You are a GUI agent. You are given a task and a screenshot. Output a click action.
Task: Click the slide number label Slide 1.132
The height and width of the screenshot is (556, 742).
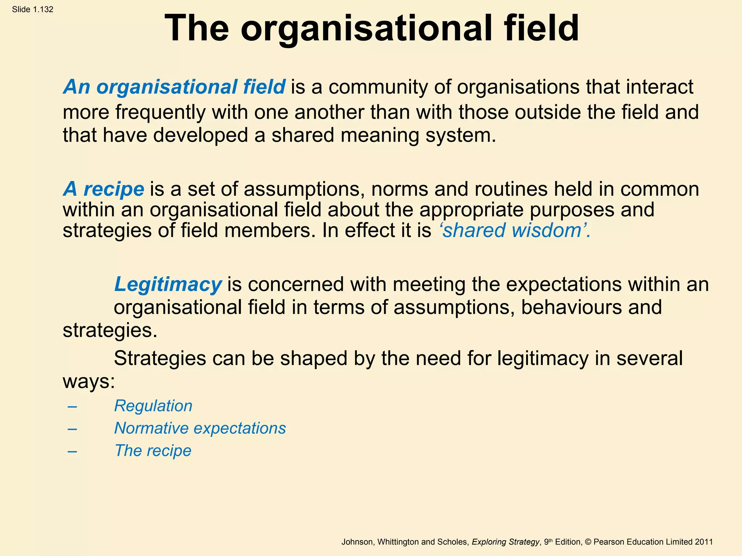(33, 9)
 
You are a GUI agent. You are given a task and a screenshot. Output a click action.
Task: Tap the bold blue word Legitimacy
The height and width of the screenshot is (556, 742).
(168, 284)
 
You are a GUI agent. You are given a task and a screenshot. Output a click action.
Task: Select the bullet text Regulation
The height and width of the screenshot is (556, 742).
(153, 406)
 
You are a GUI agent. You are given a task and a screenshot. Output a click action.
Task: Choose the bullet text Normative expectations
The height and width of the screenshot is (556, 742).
(200, 428)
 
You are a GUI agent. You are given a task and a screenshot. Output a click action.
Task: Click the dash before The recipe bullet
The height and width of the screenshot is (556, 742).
(72, 451)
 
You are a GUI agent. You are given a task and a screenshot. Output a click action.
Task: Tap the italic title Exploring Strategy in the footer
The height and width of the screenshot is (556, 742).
(505, 542)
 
